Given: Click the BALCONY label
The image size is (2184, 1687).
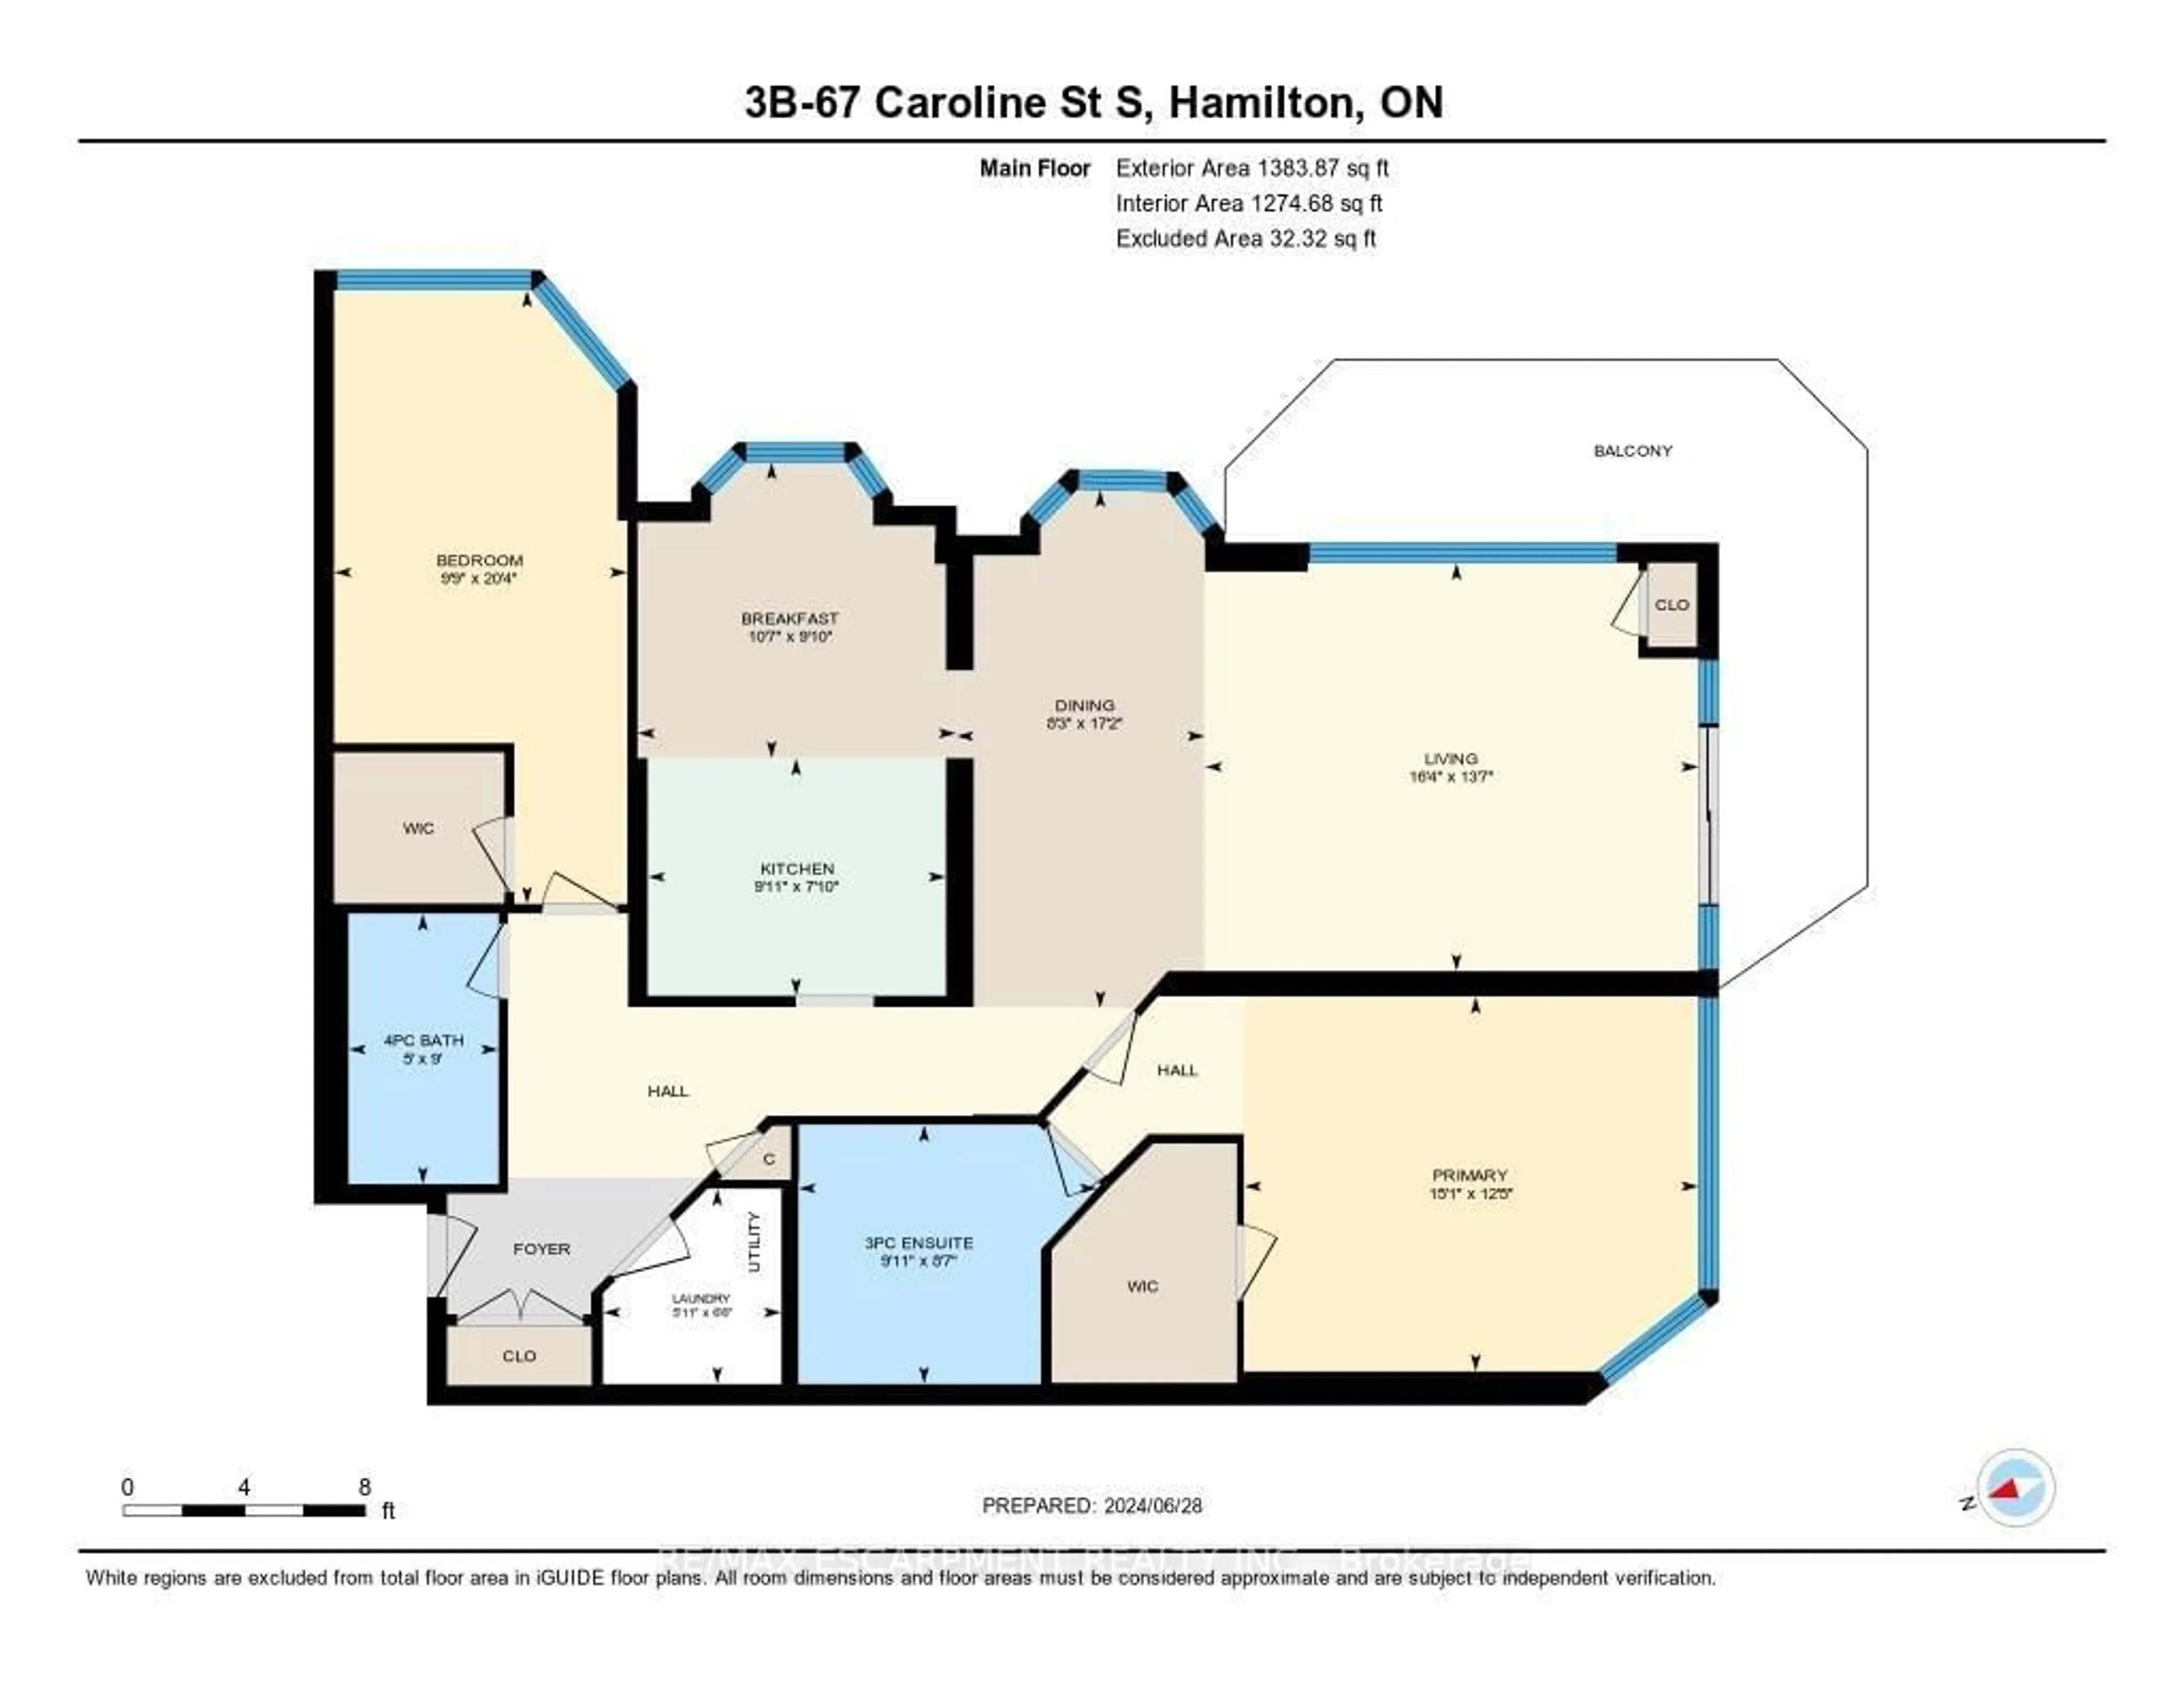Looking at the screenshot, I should (x=1632, y=451).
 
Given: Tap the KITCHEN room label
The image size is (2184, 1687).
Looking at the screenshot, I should (x=797, y=868).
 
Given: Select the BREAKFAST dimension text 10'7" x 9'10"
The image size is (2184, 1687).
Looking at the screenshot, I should (x=790, y=636).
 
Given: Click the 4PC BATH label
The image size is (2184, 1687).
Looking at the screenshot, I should (x=423, y=1040).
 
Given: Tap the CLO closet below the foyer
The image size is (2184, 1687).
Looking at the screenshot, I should (x=519, y=1356).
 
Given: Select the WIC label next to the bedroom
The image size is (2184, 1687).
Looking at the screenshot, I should (x=418, y=828).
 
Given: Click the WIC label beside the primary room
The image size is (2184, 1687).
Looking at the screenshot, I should (x=1142, y=1286).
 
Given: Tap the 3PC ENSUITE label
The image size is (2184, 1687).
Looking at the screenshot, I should (x=918, y=1243).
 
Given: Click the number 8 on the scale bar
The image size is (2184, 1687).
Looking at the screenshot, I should (x=365, y=1487).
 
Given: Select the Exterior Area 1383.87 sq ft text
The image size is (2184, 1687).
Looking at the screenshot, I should (x=1252, y=168).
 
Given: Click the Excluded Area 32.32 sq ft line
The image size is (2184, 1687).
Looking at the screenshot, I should (x=1246, y=238).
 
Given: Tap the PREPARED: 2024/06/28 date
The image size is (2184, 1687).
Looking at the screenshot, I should (x=1092, y=1505).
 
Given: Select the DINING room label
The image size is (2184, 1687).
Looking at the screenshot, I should (x=1084, y=705).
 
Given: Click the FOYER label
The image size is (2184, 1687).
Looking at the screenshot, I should (x=541, y=1249).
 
